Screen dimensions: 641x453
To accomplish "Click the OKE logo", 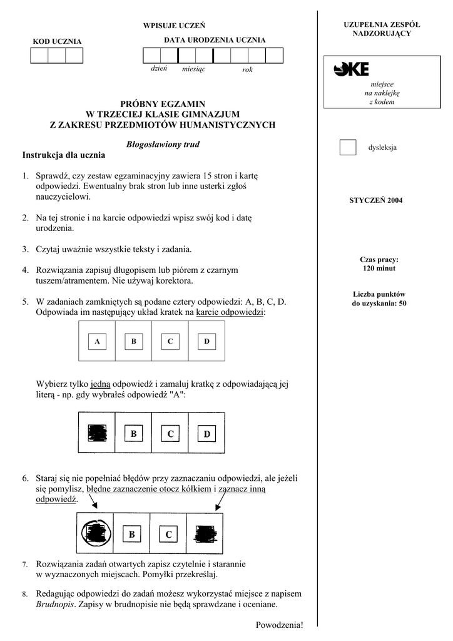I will pyautogui.click(x=351, y=69).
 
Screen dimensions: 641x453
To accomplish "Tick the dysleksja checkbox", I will pyautogui.click(x=347, y=148).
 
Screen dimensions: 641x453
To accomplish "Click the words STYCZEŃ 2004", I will pyautogui.click(x=375, y=201).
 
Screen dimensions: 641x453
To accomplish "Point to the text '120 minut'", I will pyautogui.click(x=379, y=269).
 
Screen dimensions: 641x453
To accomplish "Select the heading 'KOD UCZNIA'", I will pyautogui.click(x=57, y=41).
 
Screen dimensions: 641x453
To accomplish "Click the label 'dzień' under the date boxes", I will pyautogui.click(x=159, y=69).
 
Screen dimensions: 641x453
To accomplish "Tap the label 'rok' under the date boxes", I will pyautogui.click(x=247, y=69).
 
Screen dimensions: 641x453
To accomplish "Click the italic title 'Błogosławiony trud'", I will pyautogui.click(x=162, y=144).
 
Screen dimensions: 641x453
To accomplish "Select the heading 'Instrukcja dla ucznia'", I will pyautogui.click(x=64, y=155).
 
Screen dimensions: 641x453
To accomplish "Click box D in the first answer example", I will pyautogui.click(x=206, y=342).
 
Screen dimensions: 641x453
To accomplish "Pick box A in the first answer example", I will pyautogui.click(x=97, y=342).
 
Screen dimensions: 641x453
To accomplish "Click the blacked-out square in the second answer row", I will pyautogui.click(x=97, y=433).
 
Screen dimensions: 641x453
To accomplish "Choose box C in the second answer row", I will pyautogui.click(x=170, y=434).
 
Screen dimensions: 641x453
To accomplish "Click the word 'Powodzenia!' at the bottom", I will pyautogui.click(x=279, y=625).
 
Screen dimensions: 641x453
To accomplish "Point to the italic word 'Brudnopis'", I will pyautogui.click(x=56, y=605).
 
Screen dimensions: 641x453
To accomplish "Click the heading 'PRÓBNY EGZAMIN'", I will pyautogui.click(x=163, y=104).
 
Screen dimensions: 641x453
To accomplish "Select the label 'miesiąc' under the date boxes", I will pyautogui.click(x=193, y=69).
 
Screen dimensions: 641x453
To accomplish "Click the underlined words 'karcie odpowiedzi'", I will pyautogui.click(x=230, y=312).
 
